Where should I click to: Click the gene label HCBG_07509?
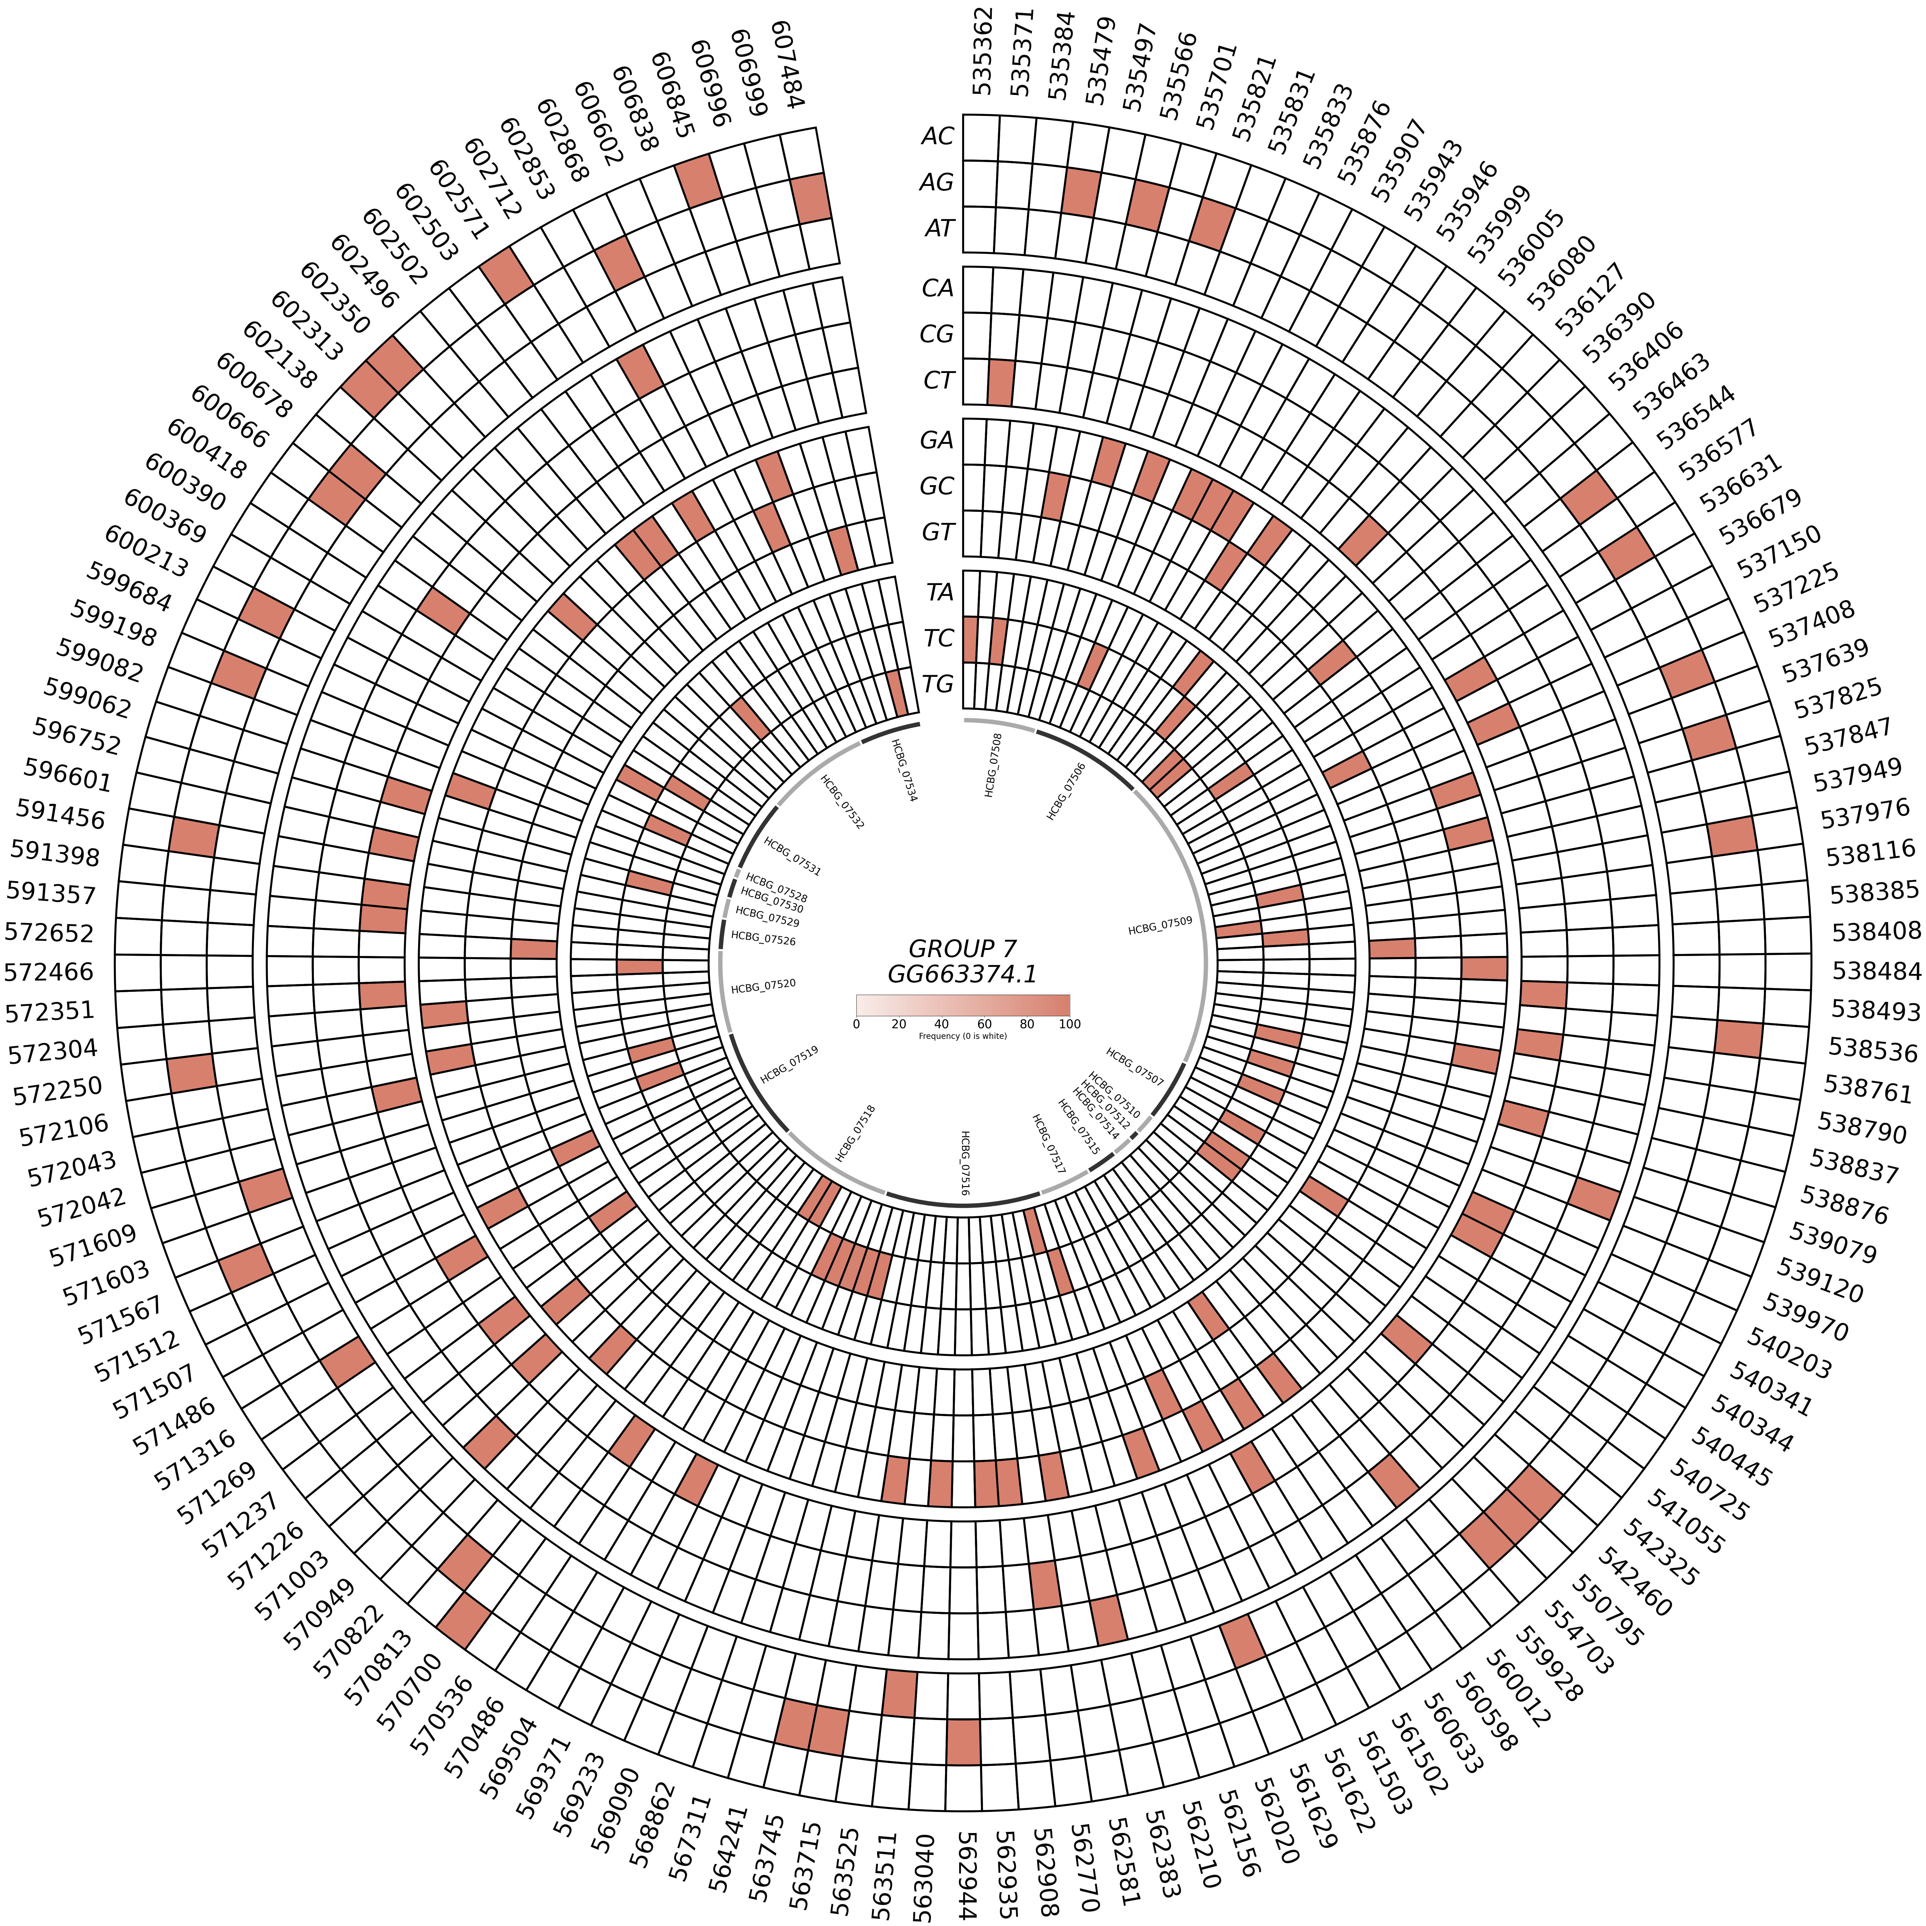pyautogui.click(x=1159, y=928)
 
